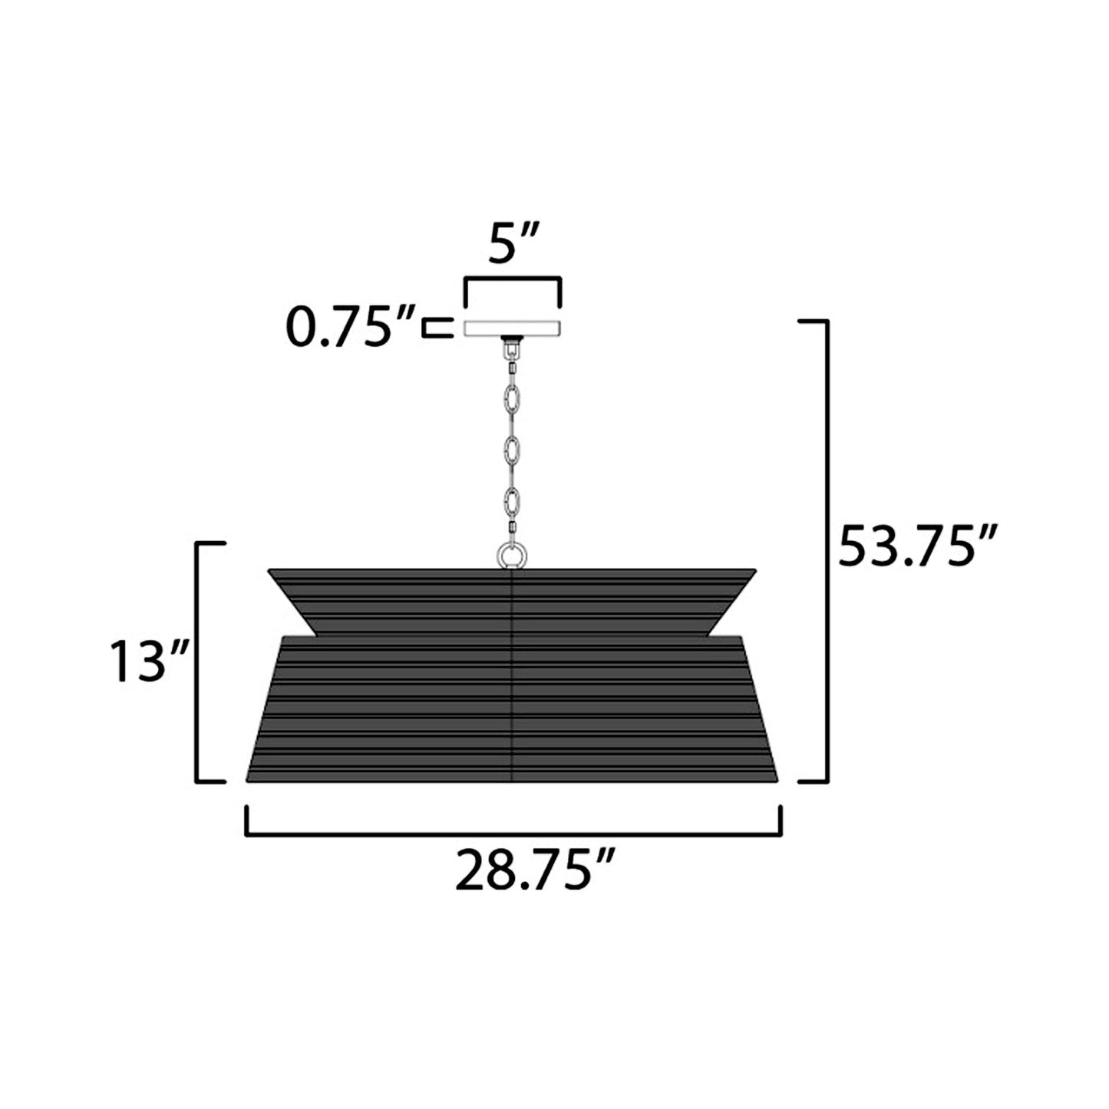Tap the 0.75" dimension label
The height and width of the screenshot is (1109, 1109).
[350, 326]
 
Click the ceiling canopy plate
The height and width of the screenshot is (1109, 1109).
[512, 328]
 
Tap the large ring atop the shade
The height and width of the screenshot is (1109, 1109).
[512, 556]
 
